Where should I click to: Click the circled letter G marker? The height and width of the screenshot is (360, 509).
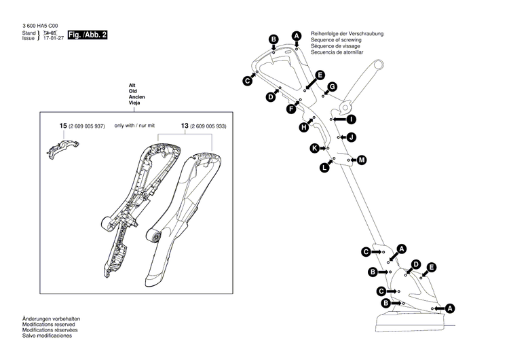(x=333, y=86)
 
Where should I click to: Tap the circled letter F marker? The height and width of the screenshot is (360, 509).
(x=291, y=109)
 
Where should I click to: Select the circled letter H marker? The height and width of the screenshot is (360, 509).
(x=304, y=126)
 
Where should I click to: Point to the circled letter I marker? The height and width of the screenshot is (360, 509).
(x=351, y=120)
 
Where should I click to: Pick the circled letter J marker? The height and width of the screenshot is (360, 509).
(x=352, y=137)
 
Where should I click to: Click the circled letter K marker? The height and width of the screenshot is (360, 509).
(x=314, y=148)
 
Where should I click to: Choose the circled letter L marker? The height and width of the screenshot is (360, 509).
(x=324, y=167)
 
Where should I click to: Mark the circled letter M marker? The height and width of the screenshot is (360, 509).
(x=362, y=160)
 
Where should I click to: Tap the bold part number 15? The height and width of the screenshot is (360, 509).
(x=63, y=126)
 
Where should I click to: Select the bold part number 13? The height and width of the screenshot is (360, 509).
(x=185, y=126)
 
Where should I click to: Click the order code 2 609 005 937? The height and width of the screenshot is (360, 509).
(x=88, y=126)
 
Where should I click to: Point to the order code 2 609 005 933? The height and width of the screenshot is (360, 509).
(x=209, y=126)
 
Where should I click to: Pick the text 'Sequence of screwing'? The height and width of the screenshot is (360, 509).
(x=336, y=41)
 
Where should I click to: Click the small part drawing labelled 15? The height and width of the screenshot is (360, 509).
(x=62, y=147)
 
